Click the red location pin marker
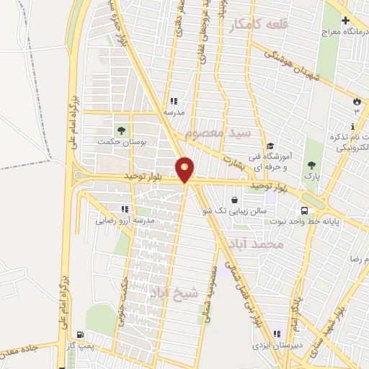185,170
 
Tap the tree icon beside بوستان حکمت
123,130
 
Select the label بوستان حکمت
123,143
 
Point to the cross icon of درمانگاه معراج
345,21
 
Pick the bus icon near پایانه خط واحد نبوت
306,210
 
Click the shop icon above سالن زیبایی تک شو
235,200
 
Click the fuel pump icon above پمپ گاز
79,335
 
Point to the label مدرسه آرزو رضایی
123,221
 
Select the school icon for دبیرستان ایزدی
277,334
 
